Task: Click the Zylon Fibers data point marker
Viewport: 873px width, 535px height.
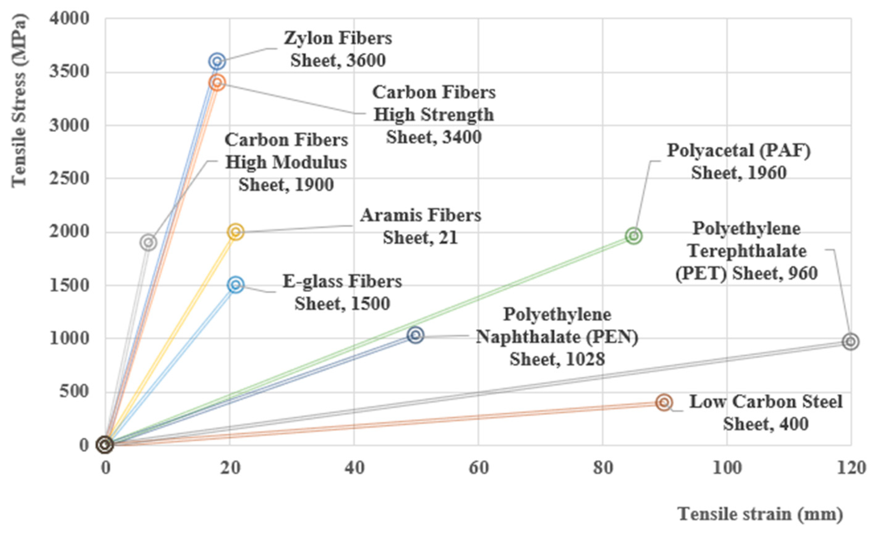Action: [x=217, y=61]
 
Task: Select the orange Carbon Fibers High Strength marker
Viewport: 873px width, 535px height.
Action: [x=217, y=82]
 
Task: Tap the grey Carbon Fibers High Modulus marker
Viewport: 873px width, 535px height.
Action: [x=149, y=242]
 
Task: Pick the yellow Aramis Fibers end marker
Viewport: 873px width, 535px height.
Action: [x=236, y=232]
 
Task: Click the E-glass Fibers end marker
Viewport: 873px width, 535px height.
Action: [x=236, y=284]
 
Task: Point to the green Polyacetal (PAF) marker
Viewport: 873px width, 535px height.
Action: [x=634, y=236]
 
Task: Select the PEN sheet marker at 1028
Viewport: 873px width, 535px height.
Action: [x=415, y=335]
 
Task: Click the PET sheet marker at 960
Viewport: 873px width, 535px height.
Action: [x=851, y=342]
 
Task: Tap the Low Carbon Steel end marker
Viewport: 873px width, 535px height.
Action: [x=664, y=402]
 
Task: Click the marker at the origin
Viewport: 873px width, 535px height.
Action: [x=105, y=444]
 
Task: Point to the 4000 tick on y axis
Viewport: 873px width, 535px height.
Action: [x=70, y=19]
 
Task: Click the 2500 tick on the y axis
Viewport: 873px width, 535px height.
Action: [x=70, y=178]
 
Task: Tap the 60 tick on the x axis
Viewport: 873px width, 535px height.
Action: [x=478, y=468]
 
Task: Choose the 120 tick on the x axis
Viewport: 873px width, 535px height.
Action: [x=851, y=468]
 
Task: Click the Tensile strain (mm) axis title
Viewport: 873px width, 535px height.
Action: [x=760, y=514]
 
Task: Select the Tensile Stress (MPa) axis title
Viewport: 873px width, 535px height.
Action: [x=19, y=101]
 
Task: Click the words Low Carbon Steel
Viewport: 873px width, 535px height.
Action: [x=765, y=402]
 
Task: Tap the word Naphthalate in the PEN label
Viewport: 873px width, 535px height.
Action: [x=528, y=337]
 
